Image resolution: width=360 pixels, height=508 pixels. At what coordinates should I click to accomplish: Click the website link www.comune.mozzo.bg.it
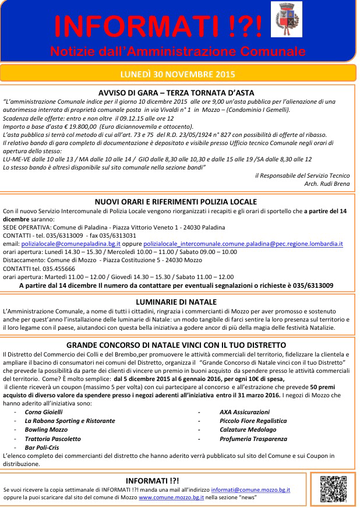(x=170, y=498)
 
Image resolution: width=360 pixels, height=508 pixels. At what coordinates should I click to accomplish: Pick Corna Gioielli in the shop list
(x=43, y=411)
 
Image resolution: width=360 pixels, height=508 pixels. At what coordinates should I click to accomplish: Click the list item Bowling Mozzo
(x=46, y=429)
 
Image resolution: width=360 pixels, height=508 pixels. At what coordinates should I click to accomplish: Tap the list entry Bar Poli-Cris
(x=41, y=447)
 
